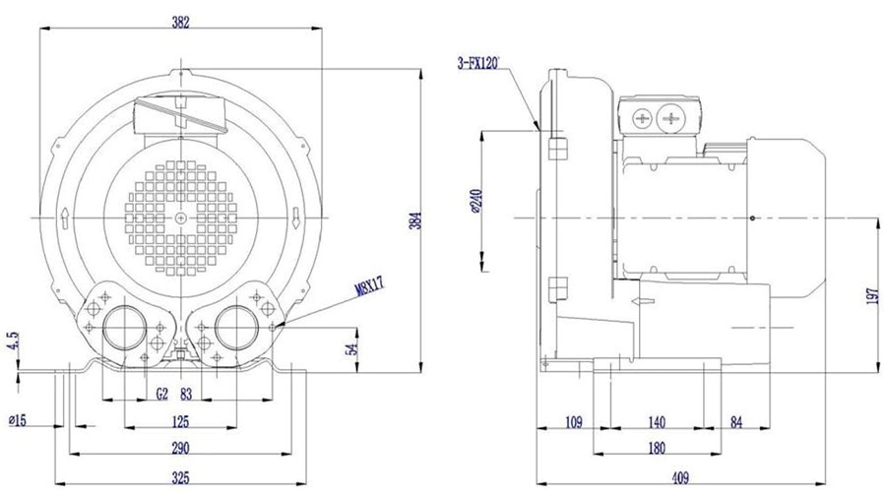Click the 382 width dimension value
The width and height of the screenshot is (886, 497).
coord(181,23)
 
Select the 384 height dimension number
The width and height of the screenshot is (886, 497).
coord(415,220)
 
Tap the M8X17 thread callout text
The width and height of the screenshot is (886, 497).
coord(369,286)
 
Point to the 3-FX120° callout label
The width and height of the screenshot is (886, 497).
coord(479,63)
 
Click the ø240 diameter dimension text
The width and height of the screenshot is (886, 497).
coord(475,201)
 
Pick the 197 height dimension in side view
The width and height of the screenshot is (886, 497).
coord(873,296)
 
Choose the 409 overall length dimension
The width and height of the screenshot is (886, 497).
coord(680,477)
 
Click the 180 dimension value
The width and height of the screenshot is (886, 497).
coord(656,448)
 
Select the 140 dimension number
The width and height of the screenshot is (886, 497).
coord(657,422)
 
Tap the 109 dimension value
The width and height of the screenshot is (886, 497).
coord(573,422)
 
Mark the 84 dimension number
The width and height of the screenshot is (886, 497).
coord(736,422)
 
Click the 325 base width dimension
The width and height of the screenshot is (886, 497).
coord(180,477)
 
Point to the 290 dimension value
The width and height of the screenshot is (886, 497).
coord(180,448)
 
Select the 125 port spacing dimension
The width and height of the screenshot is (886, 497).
coord(180,422)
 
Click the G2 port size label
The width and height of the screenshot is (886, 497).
coord(162,394)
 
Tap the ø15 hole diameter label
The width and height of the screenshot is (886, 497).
coord(18,421)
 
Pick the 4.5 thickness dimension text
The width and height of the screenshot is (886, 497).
coord(14,342)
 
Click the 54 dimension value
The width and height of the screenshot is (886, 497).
coord(352,349)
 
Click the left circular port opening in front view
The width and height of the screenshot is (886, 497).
coord(124,328)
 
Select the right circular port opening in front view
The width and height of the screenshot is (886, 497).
coord(236,328)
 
